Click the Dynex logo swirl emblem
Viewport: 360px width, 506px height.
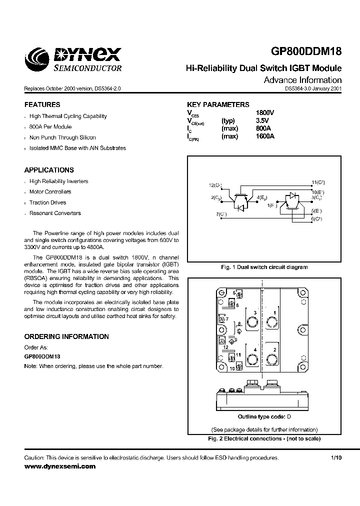(38, 59)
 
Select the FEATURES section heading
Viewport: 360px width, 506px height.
(42, 105)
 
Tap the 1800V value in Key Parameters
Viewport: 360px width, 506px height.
(265, 113)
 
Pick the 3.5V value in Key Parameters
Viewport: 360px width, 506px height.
(262, 121)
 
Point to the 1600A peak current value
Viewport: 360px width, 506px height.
(265, 136)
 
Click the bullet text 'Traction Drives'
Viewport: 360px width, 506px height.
(47, 202)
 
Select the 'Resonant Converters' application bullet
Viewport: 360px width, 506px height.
(55, 213)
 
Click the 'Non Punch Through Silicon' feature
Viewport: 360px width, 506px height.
(62, 137)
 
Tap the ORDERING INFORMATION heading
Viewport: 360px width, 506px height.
(66, 337)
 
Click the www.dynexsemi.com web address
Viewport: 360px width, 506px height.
(59, 466)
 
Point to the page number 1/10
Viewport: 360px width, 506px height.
(336, 458)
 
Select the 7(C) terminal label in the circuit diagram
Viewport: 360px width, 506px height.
(221, 214)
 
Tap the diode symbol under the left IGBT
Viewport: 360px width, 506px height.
(240, 206)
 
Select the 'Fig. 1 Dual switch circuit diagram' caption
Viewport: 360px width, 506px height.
(264, 267)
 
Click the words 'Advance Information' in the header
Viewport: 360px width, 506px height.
(302, 80)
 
